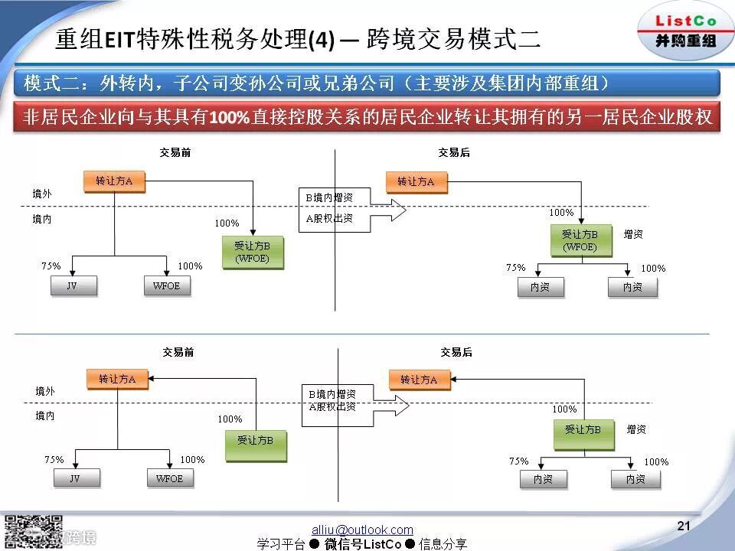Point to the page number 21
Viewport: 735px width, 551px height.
tap(684, 526)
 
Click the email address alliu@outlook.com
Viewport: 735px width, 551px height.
tap(362, 530)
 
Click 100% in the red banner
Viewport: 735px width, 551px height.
tap(224, 118)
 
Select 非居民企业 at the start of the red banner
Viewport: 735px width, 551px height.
tap(69, 118)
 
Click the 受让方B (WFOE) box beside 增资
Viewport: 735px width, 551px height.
tap(580, 240)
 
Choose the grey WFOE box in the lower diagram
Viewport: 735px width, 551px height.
tap(169, 478)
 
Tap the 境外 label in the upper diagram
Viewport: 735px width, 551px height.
tap(42, 194)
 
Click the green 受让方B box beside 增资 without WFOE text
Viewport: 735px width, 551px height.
tap(583, 430)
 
